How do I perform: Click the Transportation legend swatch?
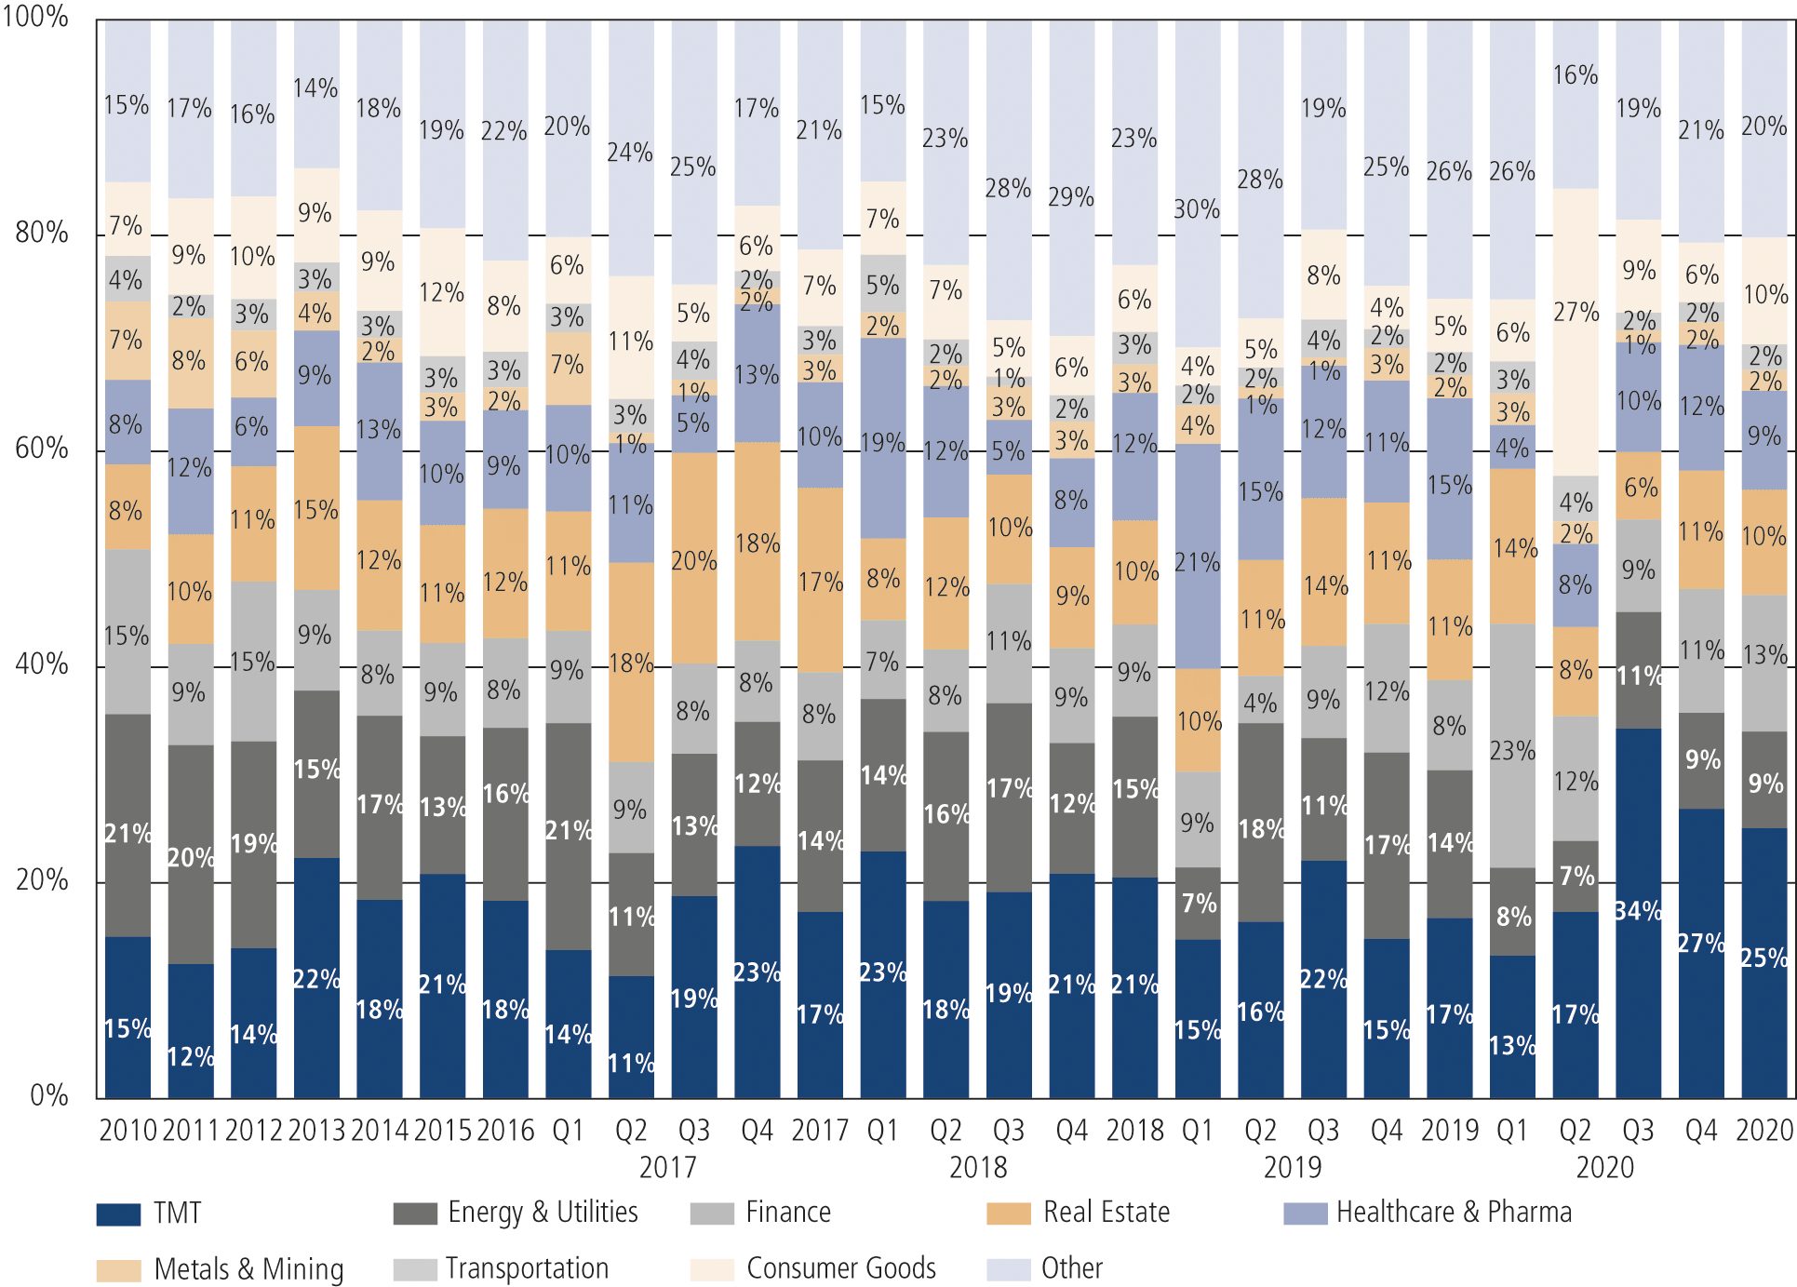[x=415, y=1270]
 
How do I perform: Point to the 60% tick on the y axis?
[x=42, y=449]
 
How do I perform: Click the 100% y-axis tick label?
[x=35, y=17]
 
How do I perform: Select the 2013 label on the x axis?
[x=316, y=1131]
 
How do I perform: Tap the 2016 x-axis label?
[x=505, y=1131]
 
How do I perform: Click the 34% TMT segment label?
[x=1638, y=910]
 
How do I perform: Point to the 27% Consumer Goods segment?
[x=1576, y=312]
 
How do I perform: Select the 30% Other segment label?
[x=1197, y=209]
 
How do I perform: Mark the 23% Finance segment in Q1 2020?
[x=1512, y=750]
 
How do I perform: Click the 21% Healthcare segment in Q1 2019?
[x=1197, y=562]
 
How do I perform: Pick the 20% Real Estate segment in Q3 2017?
[x=693, y=561]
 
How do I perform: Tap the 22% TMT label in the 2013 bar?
[x=316, y=979]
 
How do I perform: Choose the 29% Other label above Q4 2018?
[x=1071, y=197]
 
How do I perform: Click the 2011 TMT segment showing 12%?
[x=190, y=1056]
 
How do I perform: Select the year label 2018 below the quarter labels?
[x=978, y=1167]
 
